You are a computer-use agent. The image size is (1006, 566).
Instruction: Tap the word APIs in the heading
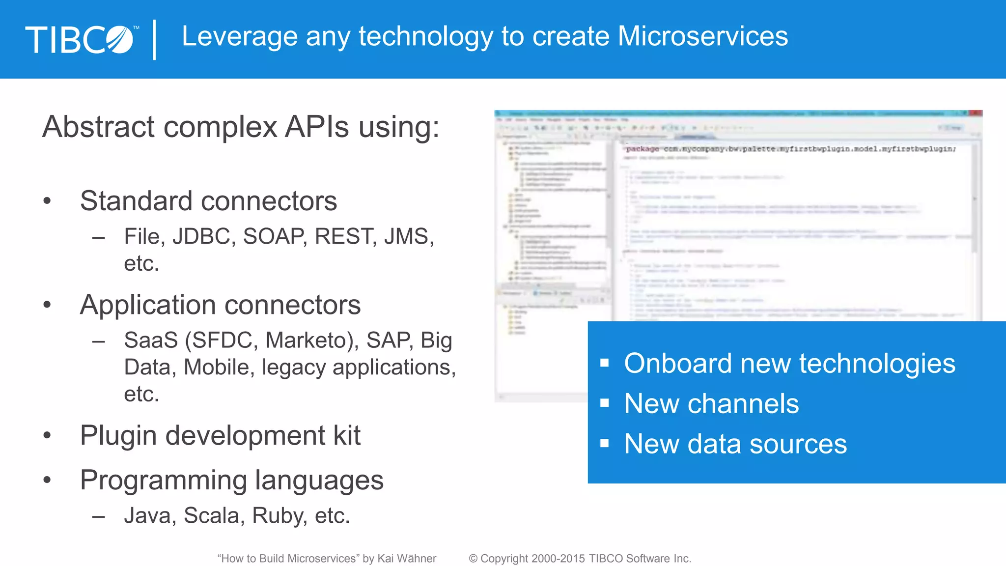[x=317, y=127]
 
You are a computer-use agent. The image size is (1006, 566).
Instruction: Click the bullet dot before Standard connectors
[x=47, y=200]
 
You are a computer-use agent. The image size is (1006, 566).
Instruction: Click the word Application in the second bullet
[x=149, y=305]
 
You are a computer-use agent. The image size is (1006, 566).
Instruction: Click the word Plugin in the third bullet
[x=118, y=435]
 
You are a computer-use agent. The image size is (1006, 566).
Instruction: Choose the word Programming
[x=163, y=480]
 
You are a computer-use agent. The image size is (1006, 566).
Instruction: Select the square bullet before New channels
[x=605, y=403]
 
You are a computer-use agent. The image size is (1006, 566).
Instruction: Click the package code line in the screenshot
[x=790, y=149]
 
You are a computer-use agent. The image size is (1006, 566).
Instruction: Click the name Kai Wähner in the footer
[x=406, y=559]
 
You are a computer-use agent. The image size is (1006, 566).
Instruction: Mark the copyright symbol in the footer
[x=473, y=559]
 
